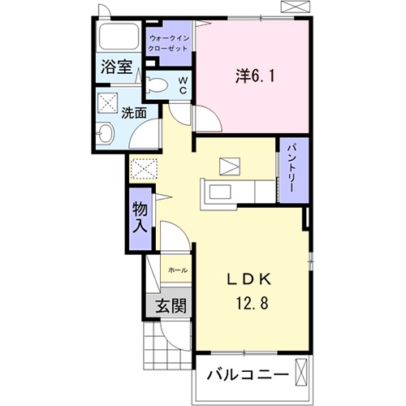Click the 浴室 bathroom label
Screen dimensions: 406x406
(116, 67)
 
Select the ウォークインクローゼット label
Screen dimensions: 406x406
(168, 43)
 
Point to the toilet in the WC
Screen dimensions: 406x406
(158, 85)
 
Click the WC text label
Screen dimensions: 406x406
(183, 85)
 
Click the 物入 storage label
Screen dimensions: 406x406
(140, 218)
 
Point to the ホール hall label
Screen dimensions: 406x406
(177, 270)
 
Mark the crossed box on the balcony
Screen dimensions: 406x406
(302, 374)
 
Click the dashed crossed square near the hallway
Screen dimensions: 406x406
(143, 169)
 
